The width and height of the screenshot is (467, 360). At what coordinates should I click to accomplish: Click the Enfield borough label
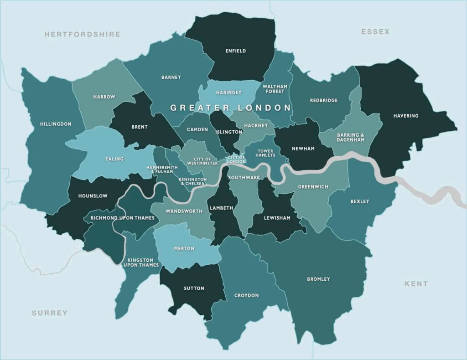[x=235, y=51]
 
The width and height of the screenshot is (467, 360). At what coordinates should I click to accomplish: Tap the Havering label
[x=405, y=116]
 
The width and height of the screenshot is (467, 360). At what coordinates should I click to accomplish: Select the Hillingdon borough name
[x=56, y=124]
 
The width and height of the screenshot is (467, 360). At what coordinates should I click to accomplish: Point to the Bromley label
[x=318, y=279]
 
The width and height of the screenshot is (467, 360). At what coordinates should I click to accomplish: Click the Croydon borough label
[x=246, y=296]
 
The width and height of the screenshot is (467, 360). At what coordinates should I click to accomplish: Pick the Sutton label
[x=194, y=288]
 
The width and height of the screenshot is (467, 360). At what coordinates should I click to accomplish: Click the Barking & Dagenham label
[x=351, y=137]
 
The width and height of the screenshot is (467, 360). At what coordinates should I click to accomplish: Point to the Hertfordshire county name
[x=83, y=34]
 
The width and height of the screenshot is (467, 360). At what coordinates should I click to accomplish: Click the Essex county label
[x=375, y=31]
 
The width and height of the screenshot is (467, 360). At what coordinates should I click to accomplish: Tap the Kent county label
[x=416, y=283]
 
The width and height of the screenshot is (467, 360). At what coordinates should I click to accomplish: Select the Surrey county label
[x=50, y=313]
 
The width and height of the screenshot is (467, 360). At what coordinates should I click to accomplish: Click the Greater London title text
[x=230, y=108]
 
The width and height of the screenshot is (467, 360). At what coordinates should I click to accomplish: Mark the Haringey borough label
[x=228, y=93]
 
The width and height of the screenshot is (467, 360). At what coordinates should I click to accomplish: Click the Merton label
[x=184, y=248]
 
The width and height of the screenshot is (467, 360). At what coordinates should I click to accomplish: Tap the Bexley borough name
[x=360, y=201]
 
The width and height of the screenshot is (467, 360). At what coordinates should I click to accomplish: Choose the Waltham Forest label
[x=275, y=89]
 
